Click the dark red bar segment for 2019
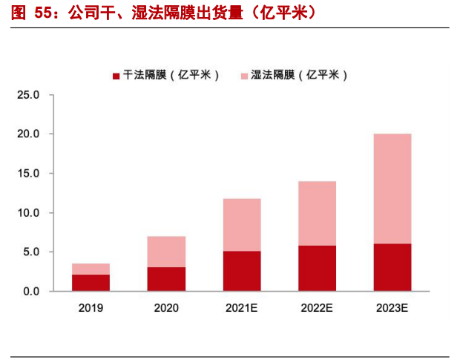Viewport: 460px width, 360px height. point(91,283)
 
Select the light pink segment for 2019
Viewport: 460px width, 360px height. point(91,269)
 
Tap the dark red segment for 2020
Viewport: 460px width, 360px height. point(167,279)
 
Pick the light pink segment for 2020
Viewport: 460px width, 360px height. point(167,252)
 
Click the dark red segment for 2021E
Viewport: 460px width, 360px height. point(242,271)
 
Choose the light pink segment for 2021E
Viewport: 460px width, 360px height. point(242,225)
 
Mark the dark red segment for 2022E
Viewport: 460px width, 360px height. point(317,268)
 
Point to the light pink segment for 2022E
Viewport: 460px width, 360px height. point(317,213)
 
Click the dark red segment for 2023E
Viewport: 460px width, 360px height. point(392,267)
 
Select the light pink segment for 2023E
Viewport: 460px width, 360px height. point(392,189)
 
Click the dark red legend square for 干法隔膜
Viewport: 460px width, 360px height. point(116,75)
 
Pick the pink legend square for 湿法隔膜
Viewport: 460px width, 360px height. point(245,75)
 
